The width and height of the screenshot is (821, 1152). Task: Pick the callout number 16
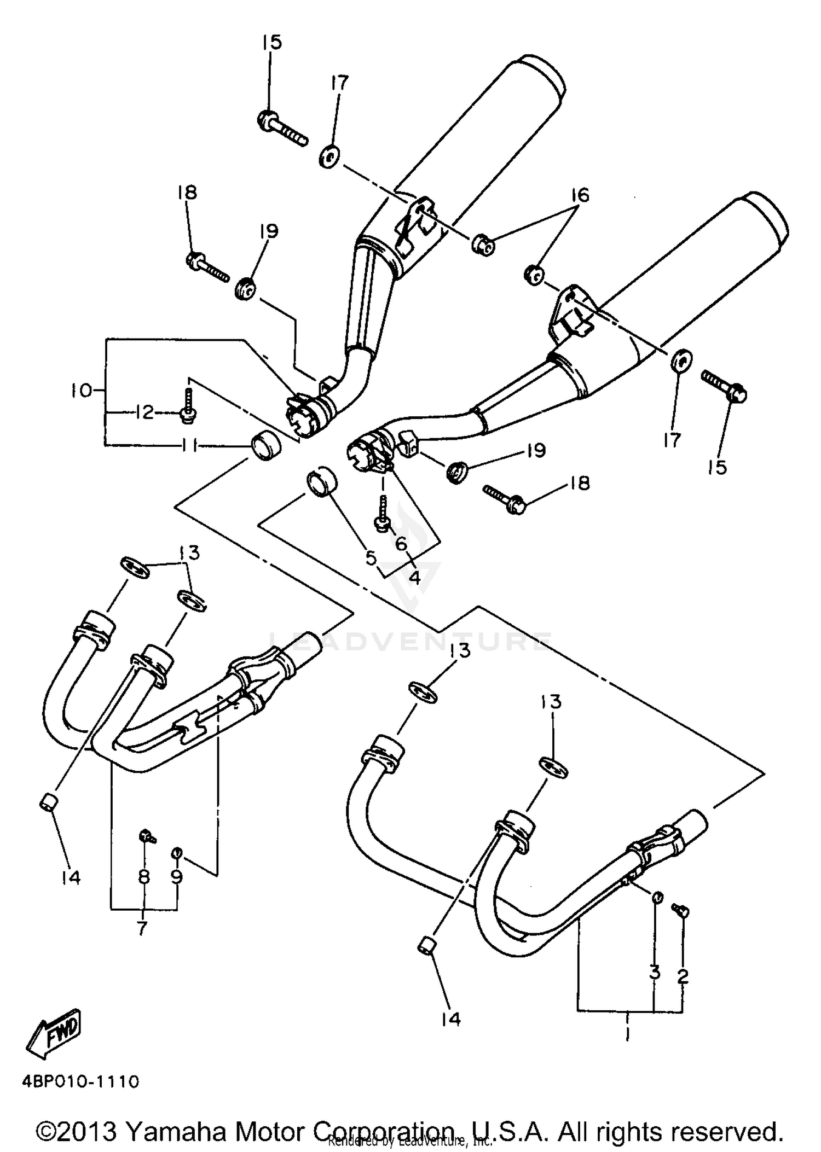coord(581,195)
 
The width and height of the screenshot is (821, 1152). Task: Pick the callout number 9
coord(177,877)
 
